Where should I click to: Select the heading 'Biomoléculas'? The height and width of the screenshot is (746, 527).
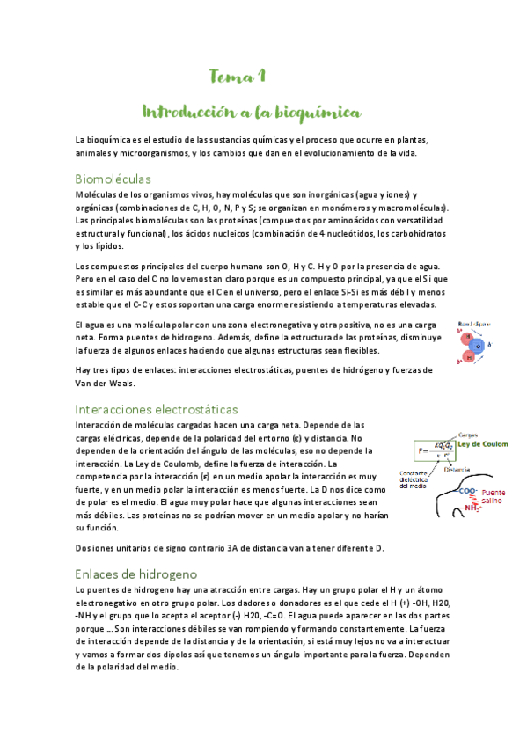click(x=113, y=178)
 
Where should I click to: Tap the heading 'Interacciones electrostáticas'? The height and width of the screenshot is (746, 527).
click(x=157, y=409)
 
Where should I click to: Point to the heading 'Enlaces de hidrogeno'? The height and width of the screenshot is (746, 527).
click(x=135, y=573)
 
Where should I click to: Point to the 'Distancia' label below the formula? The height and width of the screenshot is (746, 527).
click(x=457, y=469)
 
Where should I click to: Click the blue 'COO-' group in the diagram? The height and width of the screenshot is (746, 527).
click(x=467, y=492)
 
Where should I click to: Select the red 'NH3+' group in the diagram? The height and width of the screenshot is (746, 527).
click(x=472, y=508)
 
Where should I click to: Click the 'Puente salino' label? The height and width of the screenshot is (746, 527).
click(x=495, y=498)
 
